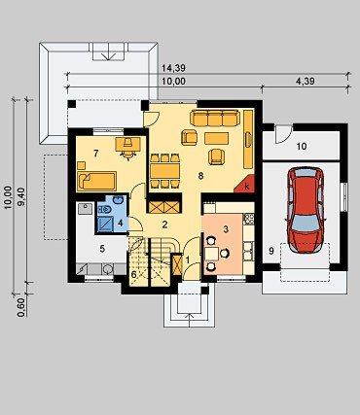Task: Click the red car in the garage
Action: point(306,210)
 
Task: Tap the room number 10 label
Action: point(302,147)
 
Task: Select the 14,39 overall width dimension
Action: point(173,68)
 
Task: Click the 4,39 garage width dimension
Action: point(306,81)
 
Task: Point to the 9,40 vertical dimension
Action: point(22,197)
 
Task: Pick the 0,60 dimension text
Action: point(20,307)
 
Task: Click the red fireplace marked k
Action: point(244,184)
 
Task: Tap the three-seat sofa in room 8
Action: point(215,119)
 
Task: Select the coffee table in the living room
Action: point(217,138)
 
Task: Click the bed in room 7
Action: point(96,181)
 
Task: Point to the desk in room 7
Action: point(128,144)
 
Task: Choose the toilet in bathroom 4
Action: point(104,210)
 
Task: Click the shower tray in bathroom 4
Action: point(106,225)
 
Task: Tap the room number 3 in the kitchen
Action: point(226,229)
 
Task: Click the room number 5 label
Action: point(102,249)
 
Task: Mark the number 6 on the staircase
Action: point(134,274)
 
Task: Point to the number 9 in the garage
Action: point(271,251)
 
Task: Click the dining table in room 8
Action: point(164,171)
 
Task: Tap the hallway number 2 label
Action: point(164,225)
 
